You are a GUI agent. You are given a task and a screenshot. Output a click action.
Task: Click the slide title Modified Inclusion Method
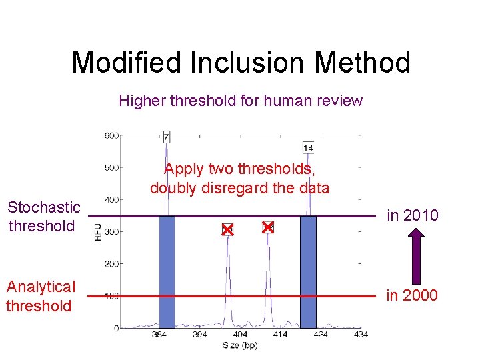tap(241, 63)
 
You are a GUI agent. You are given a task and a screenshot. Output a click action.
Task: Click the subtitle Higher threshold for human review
tap(241, 101)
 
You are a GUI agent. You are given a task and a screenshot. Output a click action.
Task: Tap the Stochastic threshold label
tap(43, 217)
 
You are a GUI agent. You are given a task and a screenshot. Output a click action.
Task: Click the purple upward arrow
tap(415, 255)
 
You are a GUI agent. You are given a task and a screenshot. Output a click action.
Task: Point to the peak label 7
tap(166, 137)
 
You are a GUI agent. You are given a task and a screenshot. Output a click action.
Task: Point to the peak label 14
tap(308, 147)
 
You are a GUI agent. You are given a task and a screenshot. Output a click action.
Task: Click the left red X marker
tap(227, 229)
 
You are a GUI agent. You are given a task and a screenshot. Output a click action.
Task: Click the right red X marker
tap(268, 227)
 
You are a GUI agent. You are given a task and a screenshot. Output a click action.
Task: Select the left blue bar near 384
tap(167, 271)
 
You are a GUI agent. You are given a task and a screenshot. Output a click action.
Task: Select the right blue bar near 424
tap(308, 271)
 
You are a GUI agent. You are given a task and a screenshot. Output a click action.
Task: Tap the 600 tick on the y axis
tap(111, 135)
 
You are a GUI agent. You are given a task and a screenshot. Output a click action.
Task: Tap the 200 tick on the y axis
tap(111, 264)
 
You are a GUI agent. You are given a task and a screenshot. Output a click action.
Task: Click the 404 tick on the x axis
tap(239, 334)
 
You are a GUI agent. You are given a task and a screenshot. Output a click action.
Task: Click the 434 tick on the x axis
tap(361, 334)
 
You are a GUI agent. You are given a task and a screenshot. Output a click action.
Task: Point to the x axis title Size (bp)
tap(240, 345)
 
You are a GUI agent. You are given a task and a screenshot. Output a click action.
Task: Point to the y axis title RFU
tap(97, 232)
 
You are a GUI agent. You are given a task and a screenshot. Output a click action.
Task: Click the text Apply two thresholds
tap(239, 169)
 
